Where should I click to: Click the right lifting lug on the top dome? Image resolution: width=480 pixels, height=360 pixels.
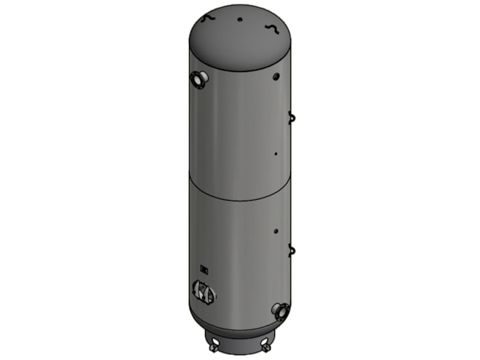(271, 27)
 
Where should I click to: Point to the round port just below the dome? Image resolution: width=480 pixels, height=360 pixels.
(276, 76)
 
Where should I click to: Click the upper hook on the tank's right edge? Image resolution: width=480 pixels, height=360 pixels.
(291, 116)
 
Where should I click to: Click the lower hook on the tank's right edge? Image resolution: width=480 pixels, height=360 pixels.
(292, 250)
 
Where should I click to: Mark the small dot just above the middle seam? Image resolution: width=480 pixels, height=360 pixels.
(276, 154)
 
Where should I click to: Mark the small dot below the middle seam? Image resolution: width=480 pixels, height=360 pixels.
(276, 232)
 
